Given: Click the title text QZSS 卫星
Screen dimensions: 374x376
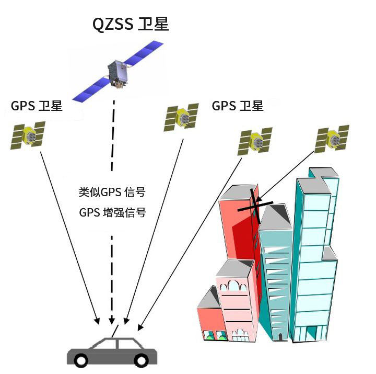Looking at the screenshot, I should (x=131, y=25).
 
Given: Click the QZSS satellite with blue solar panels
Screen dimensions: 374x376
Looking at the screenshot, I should (x=118, y=73).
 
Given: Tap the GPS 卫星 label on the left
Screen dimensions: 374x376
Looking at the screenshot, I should (x=37, y=106).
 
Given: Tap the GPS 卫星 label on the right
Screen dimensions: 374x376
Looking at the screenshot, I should (x=238, y=106).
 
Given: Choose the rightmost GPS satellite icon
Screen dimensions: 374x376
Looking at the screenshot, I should (x=332, y=139).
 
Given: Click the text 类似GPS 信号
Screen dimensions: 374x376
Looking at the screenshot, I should (x=112, y=192).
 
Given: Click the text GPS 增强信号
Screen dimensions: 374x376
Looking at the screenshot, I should (x=112, y=213).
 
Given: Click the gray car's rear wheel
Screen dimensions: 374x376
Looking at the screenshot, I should (x=81, y=359).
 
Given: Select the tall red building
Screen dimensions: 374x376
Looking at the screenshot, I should (x=238, y=230).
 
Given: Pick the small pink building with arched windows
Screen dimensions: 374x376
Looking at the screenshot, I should (x=238, y=303).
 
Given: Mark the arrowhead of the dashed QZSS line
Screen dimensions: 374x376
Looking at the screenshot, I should (x=111, y=320).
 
